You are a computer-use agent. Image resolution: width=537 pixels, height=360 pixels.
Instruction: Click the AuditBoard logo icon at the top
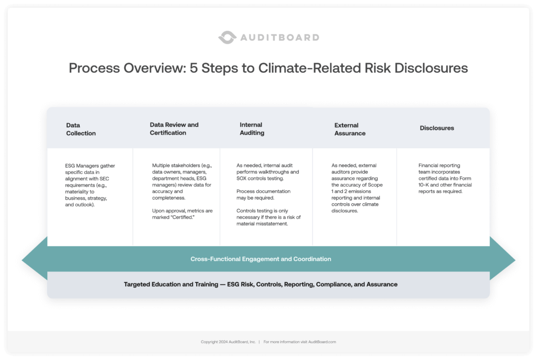coord(227,37)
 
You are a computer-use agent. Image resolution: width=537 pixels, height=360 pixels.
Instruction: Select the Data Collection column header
coord(81,129)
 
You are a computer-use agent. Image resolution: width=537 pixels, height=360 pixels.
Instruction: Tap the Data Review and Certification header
coord(174,129)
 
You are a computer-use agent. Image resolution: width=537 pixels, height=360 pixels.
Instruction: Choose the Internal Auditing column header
coord(252,129)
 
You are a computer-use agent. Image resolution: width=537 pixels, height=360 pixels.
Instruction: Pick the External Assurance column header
coord(350,129)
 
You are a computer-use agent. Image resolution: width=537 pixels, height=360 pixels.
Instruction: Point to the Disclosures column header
coord(437,128)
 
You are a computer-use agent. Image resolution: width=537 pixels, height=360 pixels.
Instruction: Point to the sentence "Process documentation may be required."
coord(263,194)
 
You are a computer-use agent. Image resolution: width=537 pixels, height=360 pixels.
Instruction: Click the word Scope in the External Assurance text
coord(375,185)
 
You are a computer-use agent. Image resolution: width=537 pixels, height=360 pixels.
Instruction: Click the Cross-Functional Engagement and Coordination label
coord(261,259)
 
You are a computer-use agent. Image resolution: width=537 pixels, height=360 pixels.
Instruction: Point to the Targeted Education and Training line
coord(261,285)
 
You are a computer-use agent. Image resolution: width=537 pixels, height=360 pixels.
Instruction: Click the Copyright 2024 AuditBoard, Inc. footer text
coord(228,342)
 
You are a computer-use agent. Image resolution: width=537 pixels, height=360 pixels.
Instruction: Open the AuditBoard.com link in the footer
coord(319,342)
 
